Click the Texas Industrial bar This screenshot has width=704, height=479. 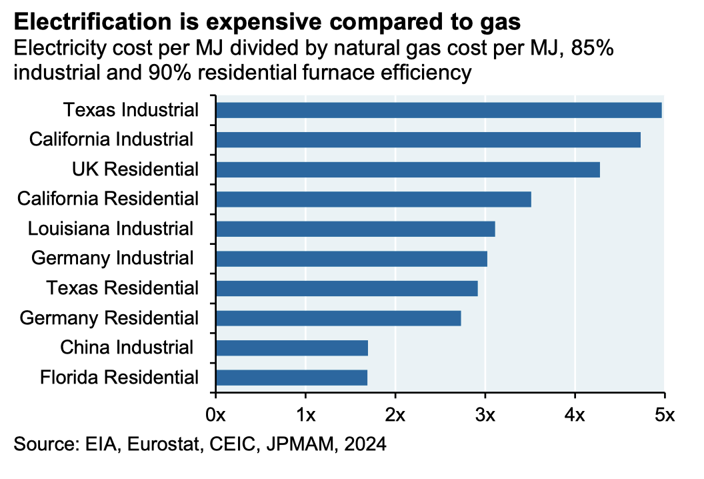(439, 110)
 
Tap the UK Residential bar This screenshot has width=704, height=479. (408, 169)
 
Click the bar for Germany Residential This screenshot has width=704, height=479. (339, 318)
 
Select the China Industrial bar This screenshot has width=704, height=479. (292, 348)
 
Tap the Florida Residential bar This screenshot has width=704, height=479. (291, 378)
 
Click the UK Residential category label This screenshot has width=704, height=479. (135, 169)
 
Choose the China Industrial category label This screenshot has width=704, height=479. (127, 348)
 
